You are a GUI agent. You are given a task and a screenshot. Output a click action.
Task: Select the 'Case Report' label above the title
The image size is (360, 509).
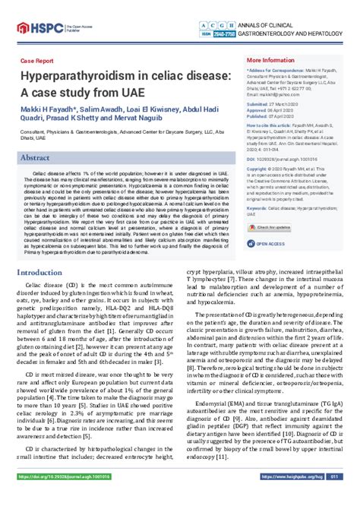[36, 60]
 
